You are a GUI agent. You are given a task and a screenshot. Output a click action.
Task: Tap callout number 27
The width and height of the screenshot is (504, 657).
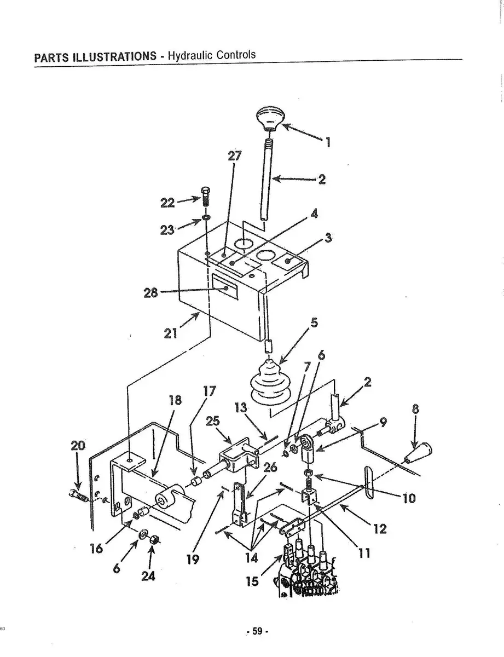click(x=234, y=156)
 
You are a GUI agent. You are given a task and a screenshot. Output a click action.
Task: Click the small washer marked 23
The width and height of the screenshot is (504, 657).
click(x=207, y=217)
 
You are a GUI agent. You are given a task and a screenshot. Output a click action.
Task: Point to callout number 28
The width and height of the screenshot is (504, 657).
click(x=151, y=293)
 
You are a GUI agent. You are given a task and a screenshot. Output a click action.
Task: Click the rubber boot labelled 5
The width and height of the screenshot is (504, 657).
click(x=270, y=383)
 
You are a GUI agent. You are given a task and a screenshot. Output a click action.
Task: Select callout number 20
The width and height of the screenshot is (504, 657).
click(x=78, y=446)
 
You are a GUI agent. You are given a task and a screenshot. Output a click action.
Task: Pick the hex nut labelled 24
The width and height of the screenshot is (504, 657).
click(x=153, y=539)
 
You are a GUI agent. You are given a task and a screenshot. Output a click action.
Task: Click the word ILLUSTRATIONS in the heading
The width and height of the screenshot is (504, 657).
click(x=115, y=56)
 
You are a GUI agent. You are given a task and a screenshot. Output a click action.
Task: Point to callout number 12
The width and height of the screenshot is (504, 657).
click(x=380, y=529)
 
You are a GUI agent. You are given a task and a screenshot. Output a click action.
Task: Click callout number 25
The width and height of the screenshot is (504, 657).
click(x=213, y=421)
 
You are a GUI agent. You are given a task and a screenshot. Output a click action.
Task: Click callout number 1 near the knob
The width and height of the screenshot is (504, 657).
click(x=328, y=142)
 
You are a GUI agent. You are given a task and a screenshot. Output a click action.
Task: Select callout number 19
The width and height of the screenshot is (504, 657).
click(x=193, y=560)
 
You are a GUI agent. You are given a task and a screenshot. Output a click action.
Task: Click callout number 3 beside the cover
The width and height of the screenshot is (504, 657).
click(x=328, y=238)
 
